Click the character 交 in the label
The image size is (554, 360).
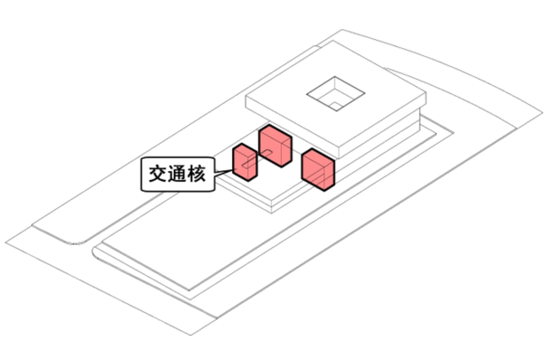[158, 174]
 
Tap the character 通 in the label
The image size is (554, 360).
[177, 174]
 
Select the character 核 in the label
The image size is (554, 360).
[197, 174]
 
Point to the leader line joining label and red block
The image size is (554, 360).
[223, 173]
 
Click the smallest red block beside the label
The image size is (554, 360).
[245, 162]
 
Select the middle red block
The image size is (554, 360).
[276, 145]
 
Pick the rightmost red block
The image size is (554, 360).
[317, 169]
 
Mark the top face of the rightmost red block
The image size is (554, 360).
[318, 157]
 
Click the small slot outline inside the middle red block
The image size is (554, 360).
[267, 153]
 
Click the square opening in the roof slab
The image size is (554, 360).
[335, 94]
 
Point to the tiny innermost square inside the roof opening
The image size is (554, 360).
[336, 106]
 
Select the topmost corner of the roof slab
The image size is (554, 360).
[332, 41]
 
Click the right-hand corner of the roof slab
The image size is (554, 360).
[426, 93]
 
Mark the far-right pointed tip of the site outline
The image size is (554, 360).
[542, 113]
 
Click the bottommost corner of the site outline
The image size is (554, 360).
[191, 335]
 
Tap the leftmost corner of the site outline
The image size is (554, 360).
[5, 243]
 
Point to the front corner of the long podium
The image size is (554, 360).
[190, 291]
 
